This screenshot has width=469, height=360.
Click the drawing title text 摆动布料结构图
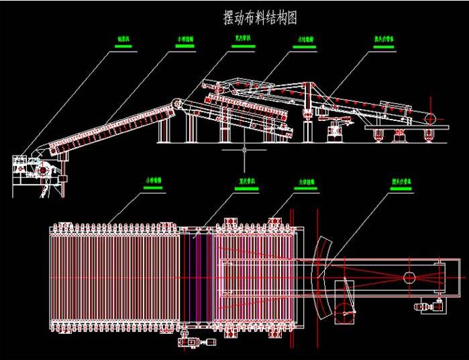point(259,17)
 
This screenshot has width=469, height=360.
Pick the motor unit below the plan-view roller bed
point(195,342)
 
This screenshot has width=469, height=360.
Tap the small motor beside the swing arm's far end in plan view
point(429,308)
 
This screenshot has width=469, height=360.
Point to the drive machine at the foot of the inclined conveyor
point(42,171)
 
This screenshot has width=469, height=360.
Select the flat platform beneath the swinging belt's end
point(400,128)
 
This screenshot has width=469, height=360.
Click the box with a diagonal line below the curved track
point(346,303)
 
